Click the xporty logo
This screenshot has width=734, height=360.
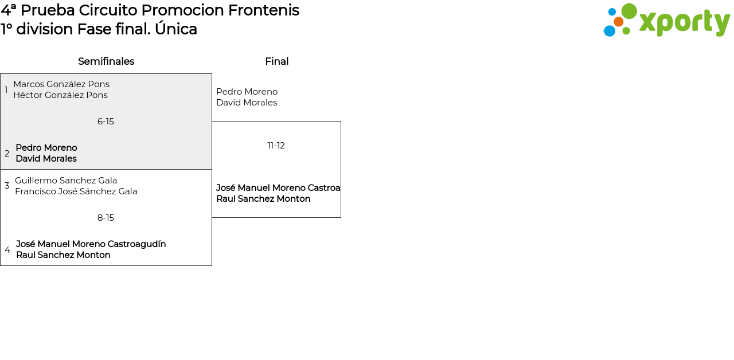pos(666,20)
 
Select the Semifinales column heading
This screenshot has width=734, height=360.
pos(106,61)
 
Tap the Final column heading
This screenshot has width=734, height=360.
pos(277,61)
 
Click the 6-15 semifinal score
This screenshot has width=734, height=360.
pos(106,122)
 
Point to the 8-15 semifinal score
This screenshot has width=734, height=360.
pos(106,218)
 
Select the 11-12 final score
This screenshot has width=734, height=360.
pos(276,146)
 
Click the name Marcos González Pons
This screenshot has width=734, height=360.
pos(61,84)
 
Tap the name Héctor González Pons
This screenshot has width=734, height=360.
pos(60,95)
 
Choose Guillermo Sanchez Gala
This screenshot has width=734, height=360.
pos(66,181)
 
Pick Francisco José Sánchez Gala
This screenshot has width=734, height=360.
pos(76,191)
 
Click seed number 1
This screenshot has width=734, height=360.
pos(6,90)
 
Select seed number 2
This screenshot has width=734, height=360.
pos(7,153)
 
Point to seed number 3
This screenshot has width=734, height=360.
pos(7,186)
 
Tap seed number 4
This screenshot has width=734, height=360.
pos(7,249)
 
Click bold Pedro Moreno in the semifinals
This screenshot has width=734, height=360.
pos(46,148)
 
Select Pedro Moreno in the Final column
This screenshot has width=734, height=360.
pos(247,92)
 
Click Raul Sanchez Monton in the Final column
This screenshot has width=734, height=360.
pos(263,199)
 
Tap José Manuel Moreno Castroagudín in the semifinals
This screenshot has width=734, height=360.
pos(91,244)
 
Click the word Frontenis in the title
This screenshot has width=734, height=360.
pos(263,10)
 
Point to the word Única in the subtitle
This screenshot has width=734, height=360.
pos(175,29)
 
